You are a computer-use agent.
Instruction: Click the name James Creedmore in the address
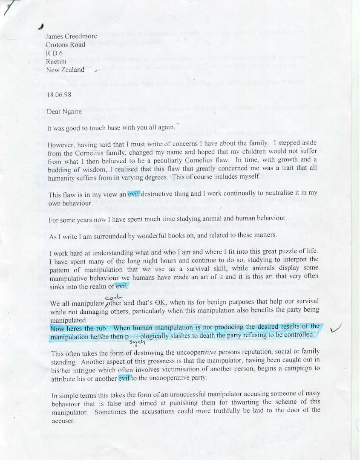point(71,36)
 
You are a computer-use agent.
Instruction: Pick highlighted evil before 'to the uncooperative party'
point(124,378)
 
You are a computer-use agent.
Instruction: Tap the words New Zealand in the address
point(65,70)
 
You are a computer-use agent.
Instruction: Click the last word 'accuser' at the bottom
point(63,421)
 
